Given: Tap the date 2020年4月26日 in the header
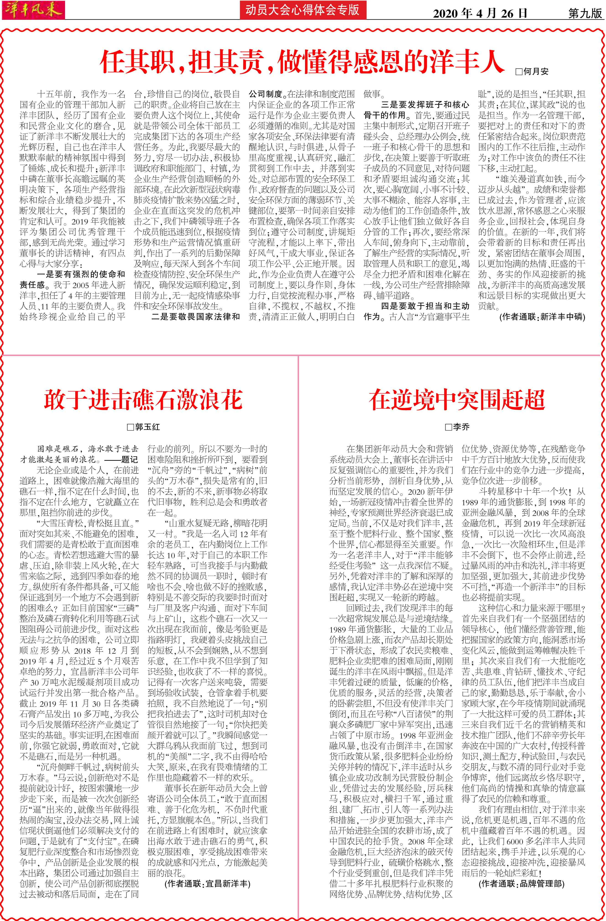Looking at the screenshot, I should tap(480, 13).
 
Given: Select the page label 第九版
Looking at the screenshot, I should tap(585, 13).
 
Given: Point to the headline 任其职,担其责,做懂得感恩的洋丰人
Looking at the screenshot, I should tap(302, 62).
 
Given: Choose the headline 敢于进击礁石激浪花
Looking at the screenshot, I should tap(143, 400).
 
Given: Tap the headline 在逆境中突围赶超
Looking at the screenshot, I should tap(457, 400).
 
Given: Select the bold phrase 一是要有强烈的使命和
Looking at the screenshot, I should tap(81, 274).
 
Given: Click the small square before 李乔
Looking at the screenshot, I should tap(448, 427).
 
